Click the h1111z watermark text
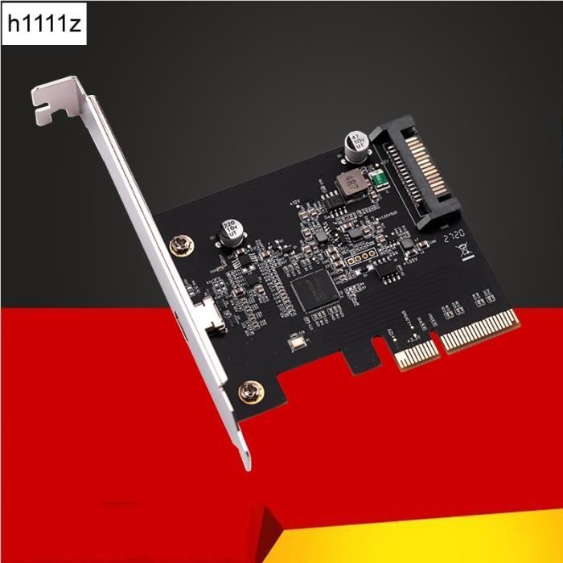click(x=44, y=25)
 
